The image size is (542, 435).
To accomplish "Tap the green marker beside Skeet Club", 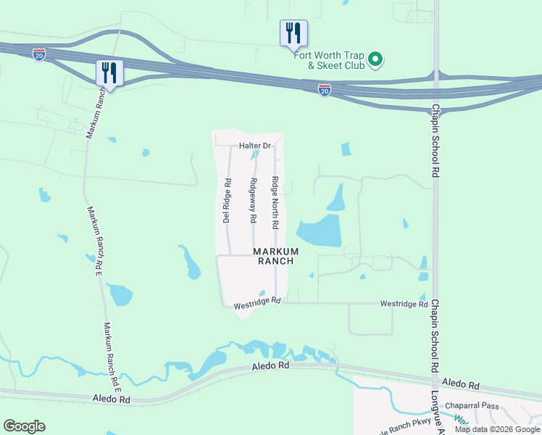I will pyautogui.click(x=375, y=59).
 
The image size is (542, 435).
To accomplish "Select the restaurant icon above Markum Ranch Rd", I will pyautogui.click(x=109, y=72).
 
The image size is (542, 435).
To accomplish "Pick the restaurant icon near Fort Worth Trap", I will pyautogui.click(x=293, y=33).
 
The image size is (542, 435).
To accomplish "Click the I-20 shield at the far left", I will pyautogui.click(x=39, y=54).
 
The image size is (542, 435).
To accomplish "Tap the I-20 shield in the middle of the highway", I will pyautogui.click(x=325, y=89).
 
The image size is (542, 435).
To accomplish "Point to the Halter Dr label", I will pyautogui.click(x=254, y=146).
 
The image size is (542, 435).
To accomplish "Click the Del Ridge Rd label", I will pyautogui.click(x=227, y=200).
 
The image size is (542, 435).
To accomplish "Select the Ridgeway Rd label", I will pyautogui.click(x=253, y=200).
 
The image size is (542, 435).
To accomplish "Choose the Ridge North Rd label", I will pyautogui.click(x=275, y=202).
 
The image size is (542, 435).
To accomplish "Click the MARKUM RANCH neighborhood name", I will pyautogui.click(x=273, y=256).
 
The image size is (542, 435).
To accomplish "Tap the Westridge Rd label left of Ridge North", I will pyautogui.click(x=257, y=303).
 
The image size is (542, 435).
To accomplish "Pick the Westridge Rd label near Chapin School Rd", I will pyautogui.click(x=404, y=304).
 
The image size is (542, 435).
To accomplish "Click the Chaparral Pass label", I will pyautogui.click(x=472, y=407).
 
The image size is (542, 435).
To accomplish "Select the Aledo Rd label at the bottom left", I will pyautogui.click(x=112, y=399).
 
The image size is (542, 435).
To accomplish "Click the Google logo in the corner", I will pyautogui.click(x=24, y=426).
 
